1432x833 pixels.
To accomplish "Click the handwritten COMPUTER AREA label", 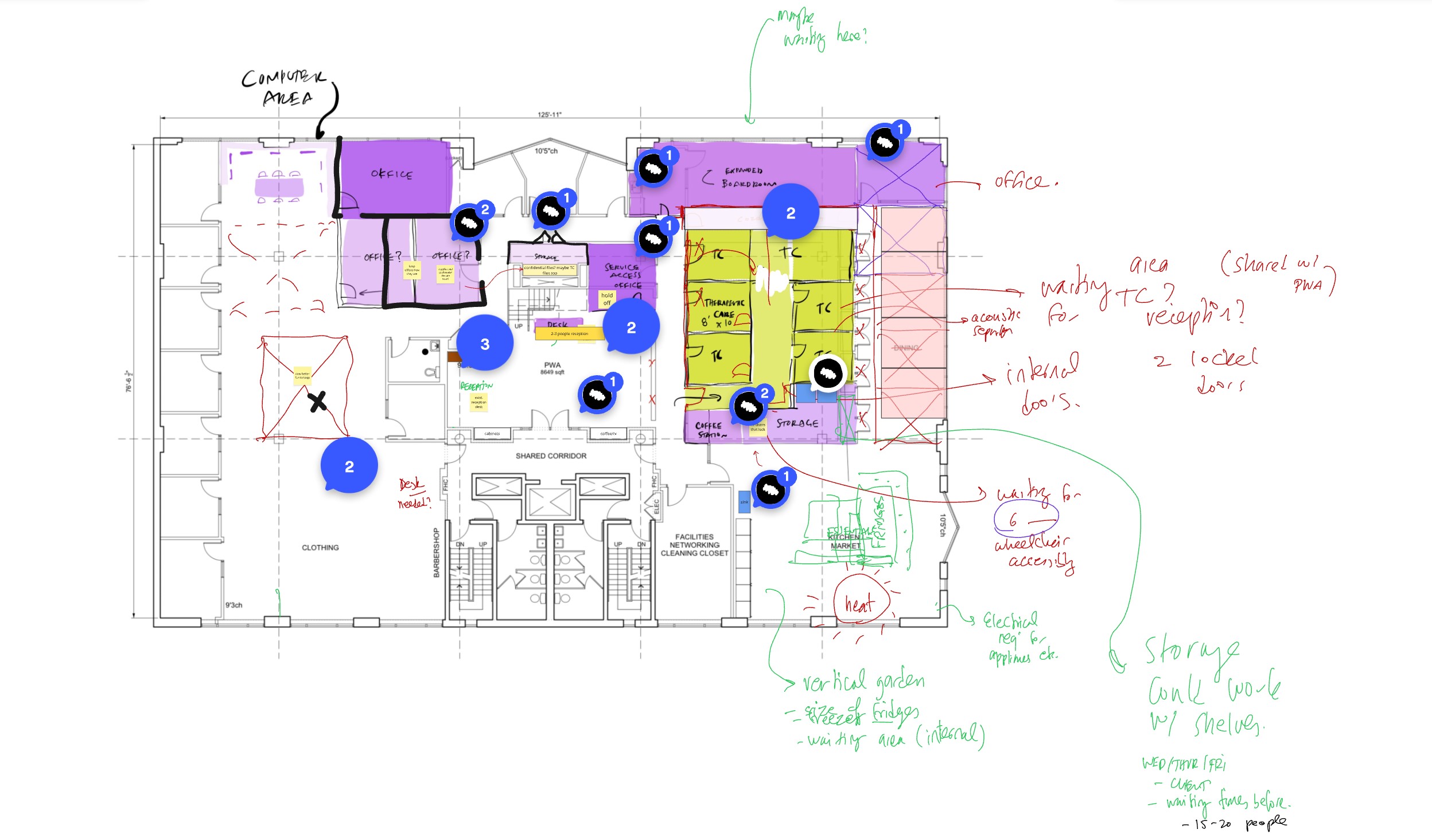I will pyautogui.click(x=284, y=88).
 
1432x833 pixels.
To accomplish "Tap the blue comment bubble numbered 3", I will pyautogui.click(x=485, y=344).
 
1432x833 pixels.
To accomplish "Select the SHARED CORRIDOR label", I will pyautogui.click(x=551, y=456).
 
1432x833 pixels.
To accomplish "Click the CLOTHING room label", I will pyautogui.click(x=320, y=548).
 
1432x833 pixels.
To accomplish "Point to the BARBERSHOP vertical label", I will pyautogui.click(x=436, y=552).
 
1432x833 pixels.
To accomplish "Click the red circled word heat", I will pyautogui.click(x=860, y=604).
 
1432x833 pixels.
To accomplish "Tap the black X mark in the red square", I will pyautogui.click(x=317, y=402).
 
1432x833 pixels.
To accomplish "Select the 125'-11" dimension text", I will pyautogui.click(x=549, y=115).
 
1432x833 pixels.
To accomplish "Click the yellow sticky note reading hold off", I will pyautogui.click(x=607, y=299).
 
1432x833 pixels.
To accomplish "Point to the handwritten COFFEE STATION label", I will pyautogui.click(x=710, y=430).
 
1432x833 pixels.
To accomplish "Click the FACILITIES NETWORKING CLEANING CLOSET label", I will pyautogui.click(x=694, y=545).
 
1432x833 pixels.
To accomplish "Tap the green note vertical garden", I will pyautogui.click(x=863, y=682).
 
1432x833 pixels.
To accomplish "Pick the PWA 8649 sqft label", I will pyautogui.click(x=552, y=368).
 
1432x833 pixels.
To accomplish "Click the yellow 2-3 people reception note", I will pyautogui.click(x=569, y=334).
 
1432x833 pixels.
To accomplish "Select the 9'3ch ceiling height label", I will pyautogui.click(x=234, y=605).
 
